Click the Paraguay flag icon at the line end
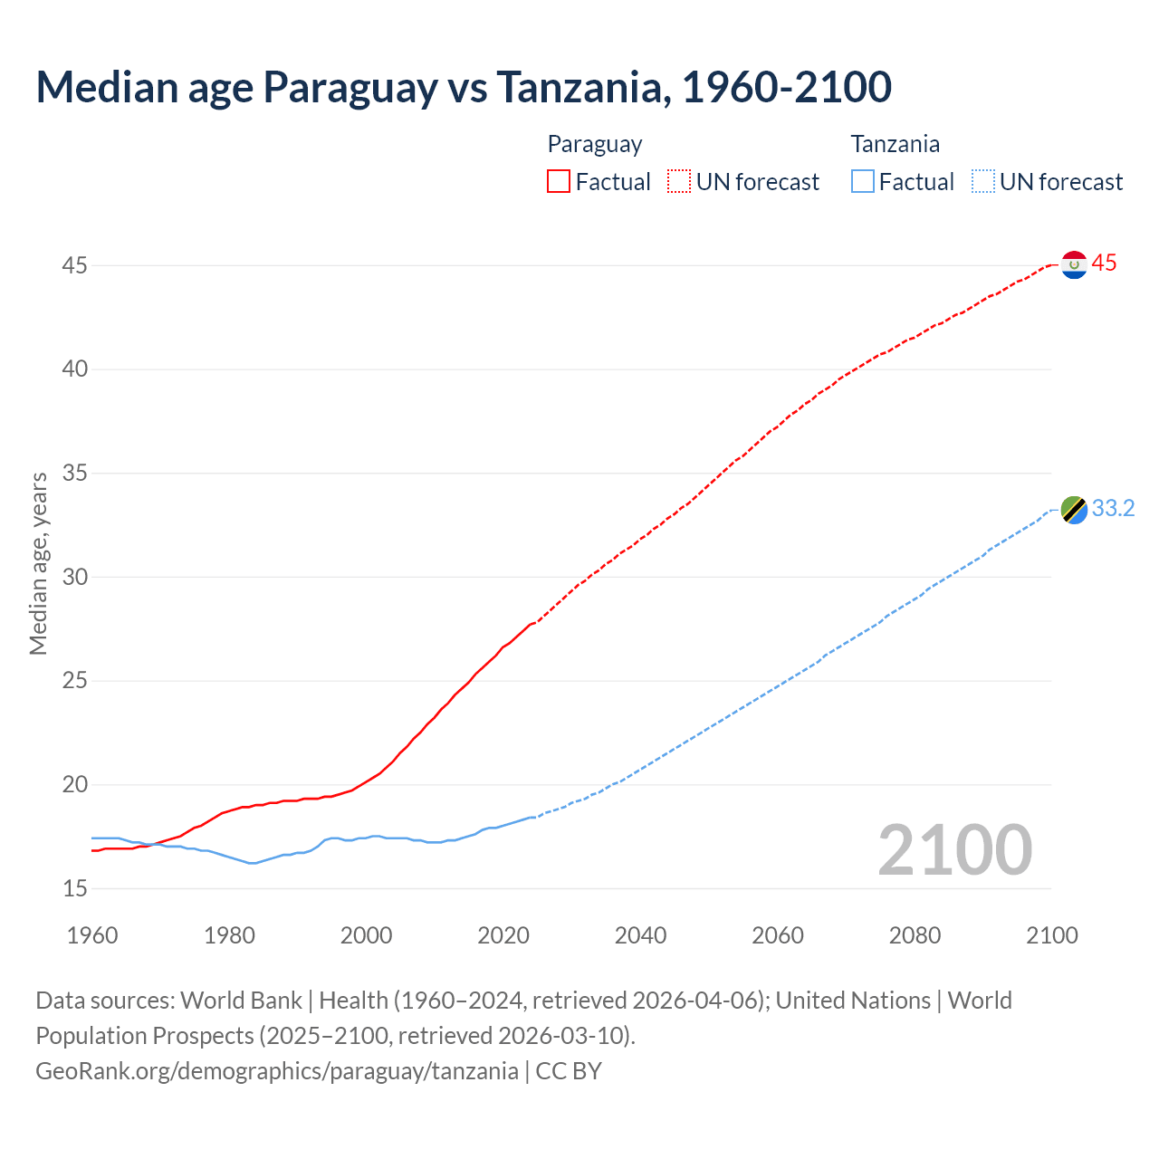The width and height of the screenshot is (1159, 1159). pos(1074,264)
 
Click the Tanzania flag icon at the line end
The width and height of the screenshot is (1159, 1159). pos(1074,510)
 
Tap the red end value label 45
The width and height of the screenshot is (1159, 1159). pos(1104,263)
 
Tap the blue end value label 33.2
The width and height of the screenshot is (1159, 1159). pos(1113,509)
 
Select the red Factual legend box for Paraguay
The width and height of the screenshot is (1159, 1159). pos(559,182)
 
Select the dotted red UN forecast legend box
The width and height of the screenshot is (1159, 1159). pos(679,182)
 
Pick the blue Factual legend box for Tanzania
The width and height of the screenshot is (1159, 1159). pos(863,182)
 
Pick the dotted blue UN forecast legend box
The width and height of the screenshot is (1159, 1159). pos(983,182)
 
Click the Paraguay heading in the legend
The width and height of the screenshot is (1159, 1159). pos(595,144)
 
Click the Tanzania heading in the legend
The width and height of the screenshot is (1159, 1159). pos(895,144)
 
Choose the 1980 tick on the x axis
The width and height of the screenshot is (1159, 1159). pos(229,935)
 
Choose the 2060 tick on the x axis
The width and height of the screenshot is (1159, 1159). pos(778,935)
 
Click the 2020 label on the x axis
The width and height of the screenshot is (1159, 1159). pos(503,935)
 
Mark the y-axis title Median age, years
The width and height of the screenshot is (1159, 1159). pos(38,563)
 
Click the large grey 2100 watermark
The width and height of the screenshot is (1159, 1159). pos(954,850)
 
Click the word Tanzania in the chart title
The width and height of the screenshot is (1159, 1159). pos(581,87)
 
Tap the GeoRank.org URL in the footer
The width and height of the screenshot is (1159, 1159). pos(276,1071)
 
